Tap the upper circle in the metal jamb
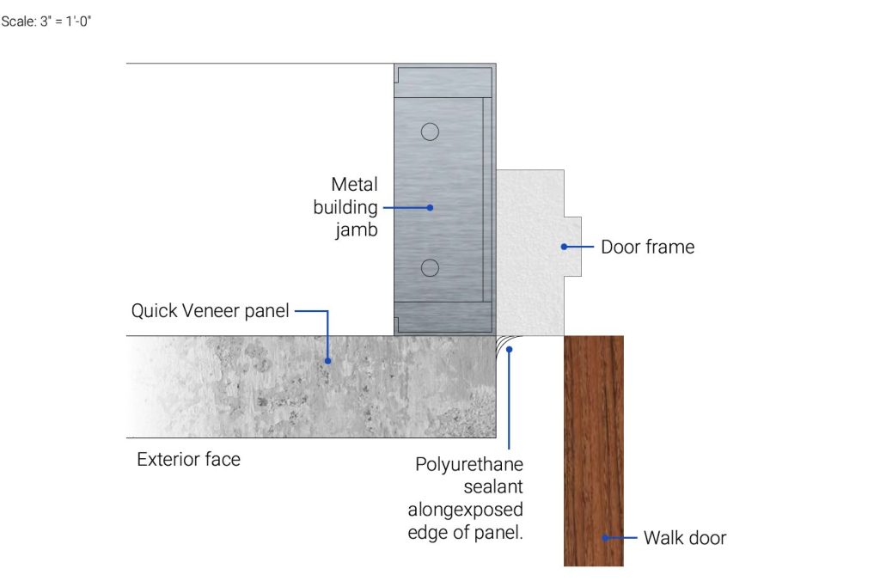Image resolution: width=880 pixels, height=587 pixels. tap(430, 131)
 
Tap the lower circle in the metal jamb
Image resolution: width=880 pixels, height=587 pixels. tap(430, 267)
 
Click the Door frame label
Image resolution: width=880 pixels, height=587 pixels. tap(648, 247)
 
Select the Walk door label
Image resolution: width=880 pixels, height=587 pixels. tap(685, 538)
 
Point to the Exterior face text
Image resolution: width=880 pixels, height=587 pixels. tap(188, 459)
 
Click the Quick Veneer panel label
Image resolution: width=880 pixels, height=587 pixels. tap(210, 310)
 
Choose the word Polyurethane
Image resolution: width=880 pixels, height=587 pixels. tap(469, 464)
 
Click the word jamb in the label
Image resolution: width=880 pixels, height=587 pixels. tap(357, 230)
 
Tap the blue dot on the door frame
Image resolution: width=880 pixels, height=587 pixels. tap(564, 247)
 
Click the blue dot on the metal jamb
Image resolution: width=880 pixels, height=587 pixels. tap(430, 208)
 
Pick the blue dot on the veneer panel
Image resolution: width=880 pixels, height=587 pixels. tap(327, 361)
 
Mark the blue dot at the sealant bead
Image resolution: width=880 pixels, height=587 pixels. tap(509, 349)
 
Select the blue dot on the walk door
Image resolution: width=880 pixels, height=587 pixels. tap(605, 538)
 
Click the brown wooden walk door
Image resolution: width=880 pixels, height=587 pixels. tap(594, 450)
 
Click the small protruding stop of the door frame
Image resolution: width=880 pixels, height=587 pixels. tap(573, 247)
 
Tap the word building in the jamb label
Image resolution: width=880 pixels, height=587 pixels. tap(345, 208)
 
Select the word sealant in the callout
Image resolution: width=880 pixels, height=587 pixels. tap(493, 486)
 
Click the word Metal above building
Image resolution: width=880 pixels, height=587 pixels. tap(354, 184)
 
